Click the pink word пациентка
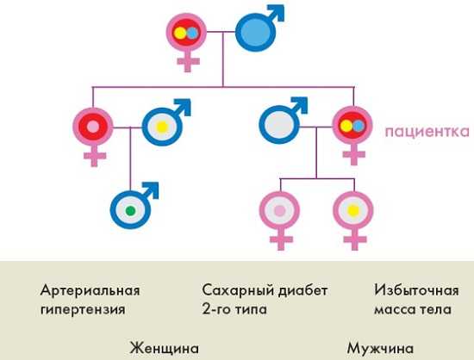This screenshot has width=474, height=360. click(427, 132)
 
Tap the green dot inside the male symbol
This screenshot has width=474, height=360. click(130, 210)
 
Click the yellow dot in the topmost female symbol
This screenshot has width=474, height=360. click(180, 33)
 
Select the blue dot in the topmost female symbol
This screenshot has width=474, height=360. click(192, 33)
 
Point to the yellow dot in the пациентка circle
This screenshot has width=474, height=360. click(346, 126)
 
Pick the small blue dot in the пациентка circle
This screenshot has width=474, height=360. click(358, 126)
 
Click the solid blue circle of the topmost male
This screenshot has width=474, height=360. click(256, 33)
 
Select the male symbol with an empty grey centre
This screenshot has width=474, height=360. click(284, 121)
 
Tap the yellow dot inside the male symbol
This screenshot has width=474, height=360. click(162, 127)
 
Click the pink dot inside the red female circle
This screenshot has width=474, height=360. click(93, 127)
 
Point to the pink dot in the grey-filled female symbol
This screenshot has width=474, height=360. click(279, 210)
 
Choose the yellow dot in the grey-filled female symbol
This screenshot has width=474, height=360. click(353, 210)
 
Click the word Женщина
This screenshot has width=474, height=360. click(165, 348)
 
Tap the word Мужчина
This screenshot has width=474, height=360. click(380, 349)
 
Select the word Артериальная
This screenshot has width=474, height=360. click(90, 290)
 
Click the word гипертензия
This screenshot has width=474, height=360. click(83, 310)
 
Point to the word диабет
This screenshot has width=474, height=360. click(302, 290)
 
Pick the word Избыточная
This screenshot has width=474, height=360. click(416, 290)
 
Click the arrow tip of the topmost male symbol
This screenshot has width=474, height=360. click(284, 6)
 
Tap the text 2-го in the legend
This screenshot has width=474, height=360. click(215, 309)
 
